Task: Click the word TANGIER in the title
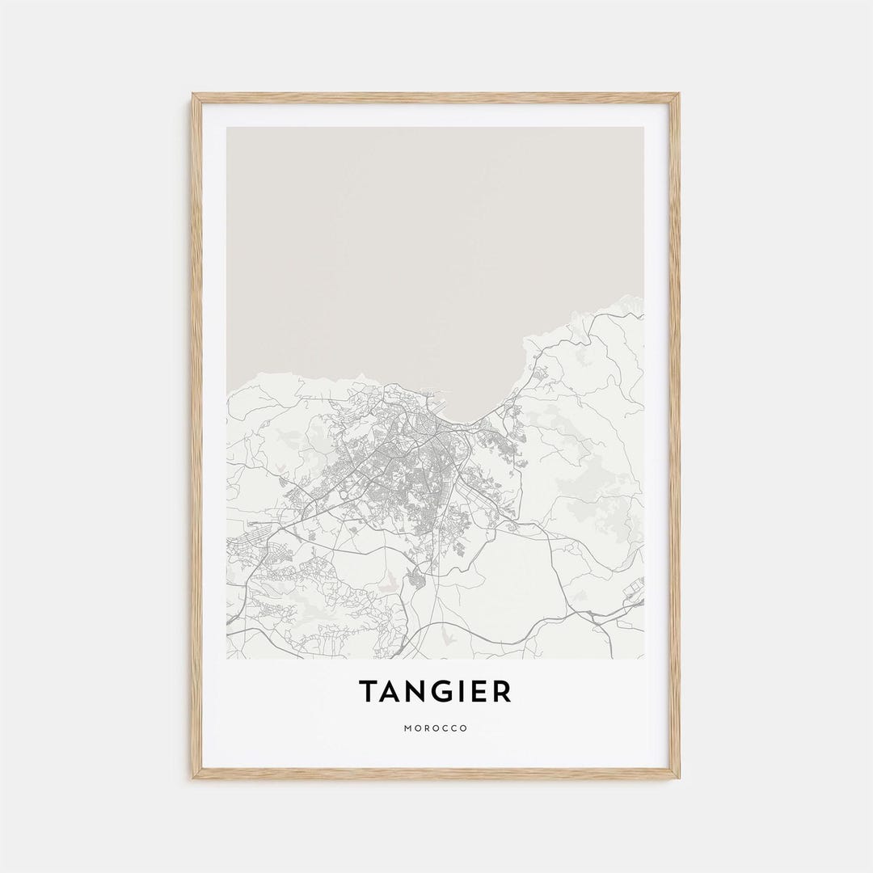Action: (436, 692)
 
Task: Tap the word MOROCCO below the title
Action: (436, 728)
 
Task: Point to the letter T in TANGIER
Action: (369, 692)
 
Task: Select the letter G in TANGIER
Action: (442, 692)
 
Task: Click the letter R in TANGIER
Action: (502, 692)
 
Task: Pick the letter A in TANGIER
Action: (391, 692)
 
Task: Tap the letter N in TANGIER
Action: (416, 692)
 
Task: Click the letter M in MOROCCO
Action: (407, 728)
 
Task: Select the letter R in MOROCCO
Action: (426, 728)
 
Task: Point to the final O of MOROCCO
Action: (464, 728)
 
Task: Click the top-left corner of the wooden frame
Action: (192, 95)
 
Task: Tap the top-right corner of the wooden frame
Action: (679, 95)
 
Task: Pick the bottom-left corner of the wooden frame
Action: (192, 778)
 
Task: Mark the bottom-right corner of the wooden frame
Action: (679, 778)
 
